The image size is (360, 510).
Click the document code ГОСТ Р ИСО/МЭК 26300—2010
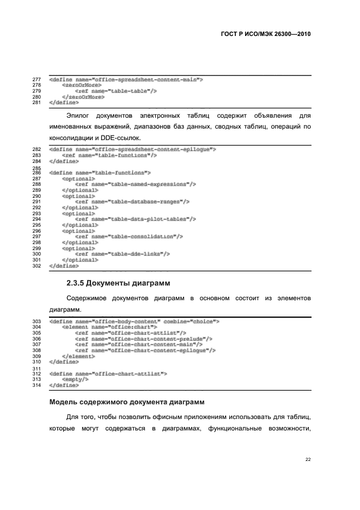[x=266, y=33]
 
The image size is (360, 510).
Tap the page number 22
[x=308, y=459]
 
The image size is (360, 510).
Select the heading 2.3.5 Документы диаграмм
[x=118, y=283]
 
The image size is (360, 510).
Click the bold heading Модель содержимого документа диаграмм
[x=126, y=402]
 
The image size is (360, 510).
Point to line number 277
[x=38, y=80]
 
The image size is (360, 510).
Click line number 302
[x=38, y=266]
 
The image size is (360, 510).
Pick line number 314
[x=38, y=385]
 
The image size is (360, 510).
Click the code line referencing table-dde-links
[x=123, y=253]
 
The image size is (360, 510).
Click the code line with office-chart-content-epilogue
[x=145, y=350]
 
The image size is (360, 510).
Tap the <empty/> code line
[x=75, y=379]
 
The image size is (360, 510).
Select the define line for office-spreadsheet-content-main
[x=126, y=80]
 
